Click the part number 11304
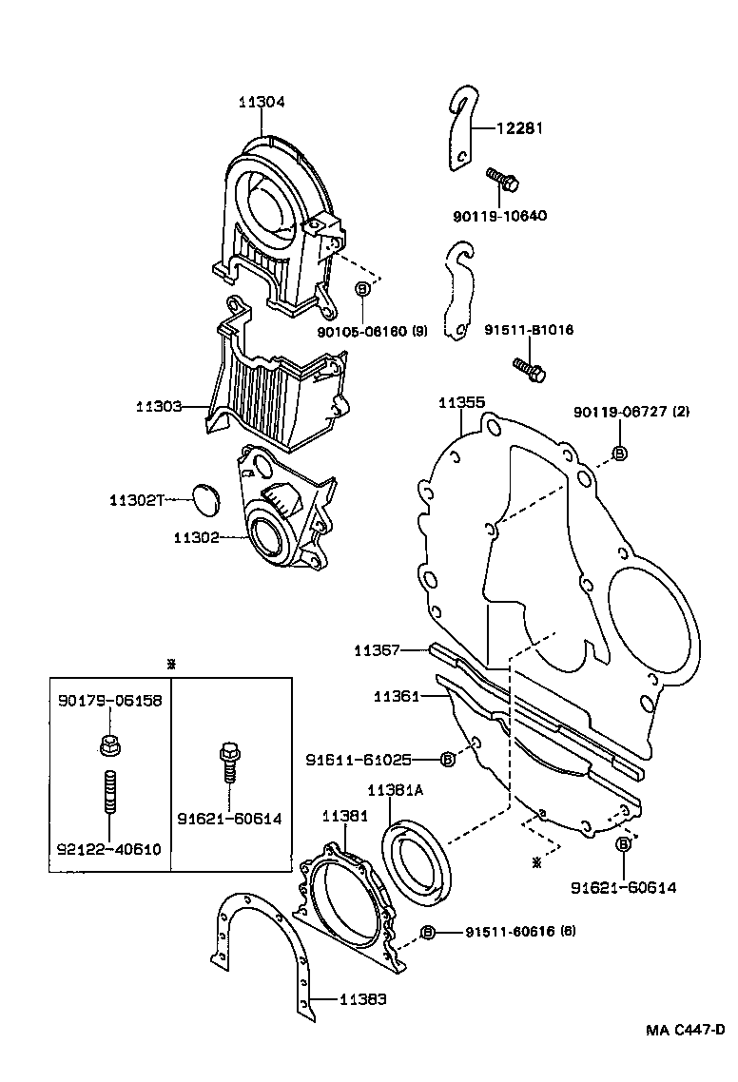[262, 102]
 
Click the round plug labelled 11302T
[204, 498]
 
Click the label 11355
[461, 402]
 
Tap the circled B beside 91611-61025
[447, 759]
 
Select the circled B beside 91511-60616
[428, 932]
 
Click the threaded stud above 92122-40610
[108, 792]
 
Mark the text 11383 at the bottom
[363, 999]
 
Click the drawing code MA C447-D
[685, 1030]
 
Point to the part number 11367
[377, 650]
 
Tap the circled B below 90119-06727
[618, 454]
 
